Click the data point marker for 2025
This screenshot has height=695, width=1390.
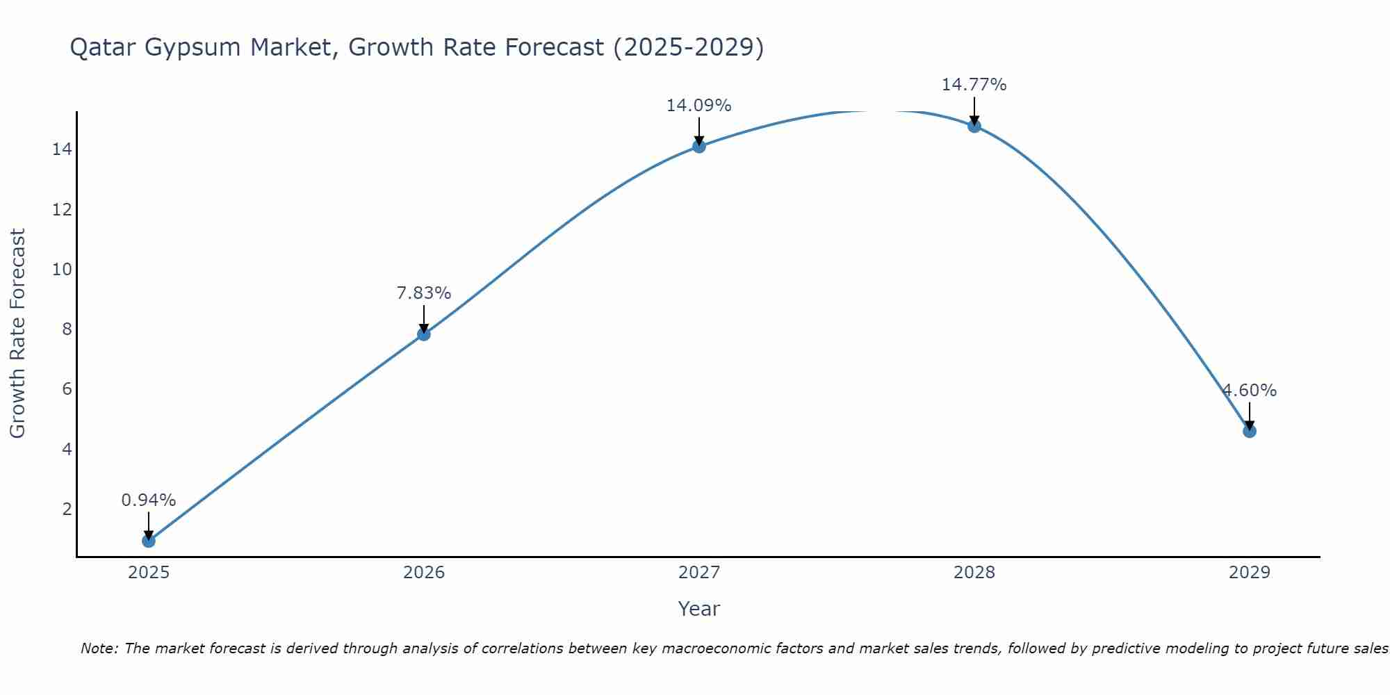[x=149, y=540]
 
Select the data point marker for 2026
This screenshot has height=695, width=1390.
[x=424, y=334]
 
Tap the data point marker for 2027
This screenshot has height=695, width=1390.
[x=699, y=146]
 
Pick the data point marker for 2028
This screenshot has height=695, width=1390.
[x=974, y=126]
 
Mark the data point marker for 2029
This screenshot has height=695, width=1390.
[x=1250, y=431]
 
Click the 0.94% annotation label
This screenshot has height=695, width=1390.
[x=149, y=500]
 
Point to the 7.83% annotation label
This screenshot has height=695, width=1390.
[x=424, y=293]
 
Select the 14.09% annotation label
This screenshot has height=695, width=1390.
[x=699, y=106]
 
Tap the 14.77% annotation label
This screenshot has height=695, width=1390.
[x=974, y=85]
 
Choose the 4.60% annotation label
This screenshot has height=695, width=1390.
[x=1250, y=391]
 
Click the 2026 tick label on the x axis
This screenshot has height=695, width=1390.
[x=424, y=573]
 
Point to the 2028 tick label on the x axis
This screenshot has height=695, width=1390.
[x=974, y=573]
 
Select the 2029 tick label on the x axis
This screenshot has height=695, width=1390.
[x=1250, y=573]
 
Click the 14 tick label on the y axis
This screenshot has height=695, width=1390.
[x=62, y=149]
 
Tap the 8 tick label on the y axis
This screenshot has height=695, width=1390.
[x=67, y=329]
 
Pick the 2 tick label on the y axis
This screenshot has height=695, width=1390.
[x=67, y=509]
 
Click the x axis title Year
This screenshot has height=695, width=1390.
[x=699, y=609]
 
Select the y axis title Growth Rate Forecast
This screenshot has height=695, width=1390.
[x=17, y=334]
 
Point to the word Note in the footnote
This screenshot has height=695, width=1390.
[x=99, y=648]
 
